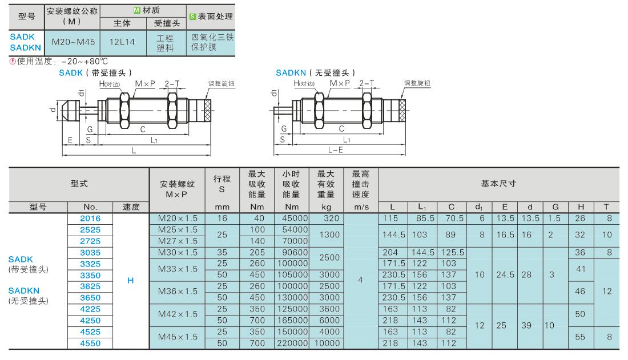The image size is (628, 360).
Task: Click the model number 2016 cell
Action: pos(90,219)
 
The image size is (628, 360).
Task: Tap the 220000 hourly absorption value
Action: pos(291,343)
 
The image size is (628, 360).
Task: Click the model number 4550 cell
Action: pos(90,343)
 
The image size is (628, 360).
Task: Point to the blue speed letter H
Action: pos(131,281)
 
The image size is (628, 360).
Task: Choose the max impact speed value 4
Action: pos(360,281)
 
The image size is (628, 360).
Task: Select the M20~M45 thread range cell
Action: pos(73,42)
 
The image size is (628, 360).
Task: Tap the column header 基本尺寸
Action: pos(498,184)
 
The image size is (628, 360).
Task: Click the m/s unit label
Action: pos(360,208)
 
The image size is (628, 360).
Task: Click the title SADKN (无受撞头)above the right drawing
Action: pos(315,72)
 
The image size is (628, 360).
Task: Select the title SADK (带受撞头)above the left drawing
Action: pos(95,72)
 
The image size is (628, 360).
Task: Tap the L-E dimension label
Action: pos(336,149)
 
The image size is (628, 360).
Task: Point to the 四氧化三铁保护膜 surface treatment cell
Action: pos(212,42)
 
